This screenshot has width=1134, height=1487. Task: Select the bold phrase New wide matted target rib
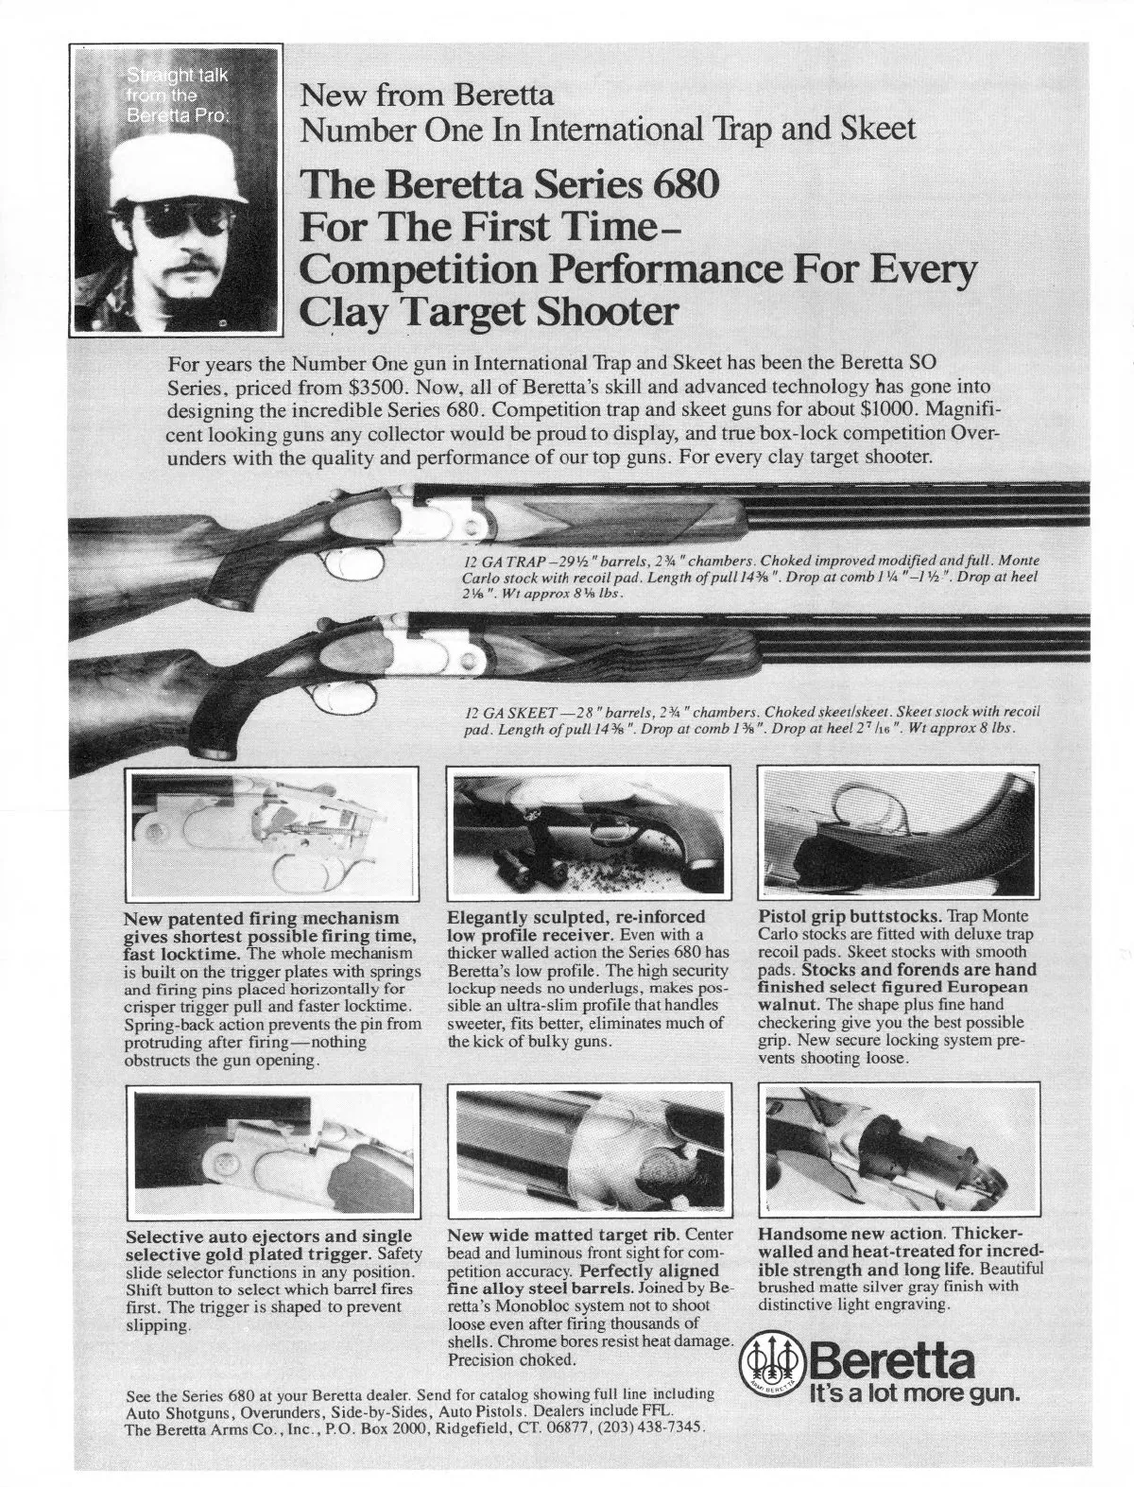point(565,1235)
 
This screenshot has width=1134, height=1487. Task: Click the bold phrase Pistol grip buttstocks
point(850,917)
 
